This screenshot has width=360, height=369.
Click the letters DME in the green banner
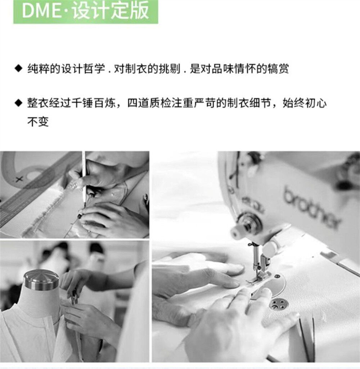click(x=41, y=10)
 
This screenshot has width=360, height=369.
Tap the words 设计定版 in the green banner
click(x=111, y=10)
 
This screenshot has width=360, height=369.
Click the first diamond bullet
click(x=18, y=68)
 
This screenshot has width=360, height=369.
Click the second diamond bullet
click(x=18, y=103)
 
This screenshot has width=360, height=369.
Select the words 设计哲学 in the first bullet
click(x=83, y=69)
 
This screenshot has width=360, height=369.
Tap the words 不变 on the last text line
click(x=38, y=122)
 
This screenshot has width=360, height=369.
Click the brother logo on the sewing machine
click(x=312, y=208)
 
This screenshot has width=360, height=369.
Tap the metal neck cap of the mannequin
click(x=41, y=280)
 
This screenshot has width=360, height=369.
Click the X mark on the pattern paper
click(x=19, y=179)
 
